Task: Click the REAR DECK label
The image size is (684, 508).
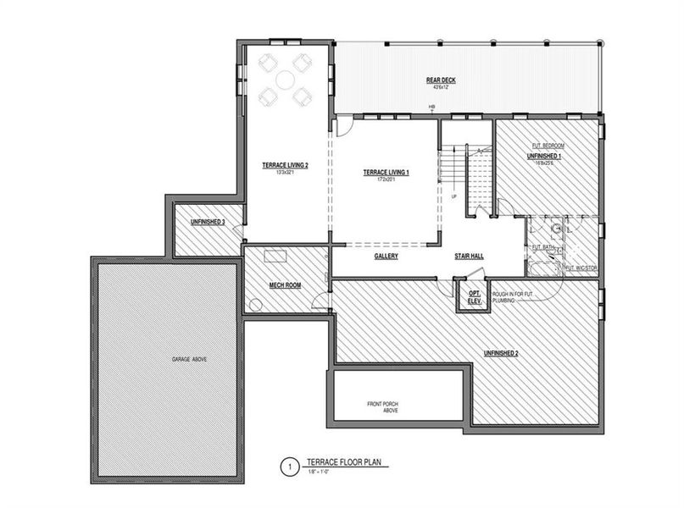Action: click(x=441, y=81)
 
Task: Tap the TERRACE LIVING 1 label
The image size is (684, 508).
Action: click(x=386, y=172)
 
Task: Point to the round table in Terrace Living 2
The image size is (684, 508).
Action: click(x=284, y=79)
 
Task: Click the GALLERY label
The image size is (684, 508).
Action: click(x=386, y=256)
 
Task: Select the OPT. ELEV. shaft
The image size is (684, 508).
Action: click(x=473, y=295)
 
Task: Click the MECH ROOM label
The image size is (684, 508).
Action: click(x=285, y=285)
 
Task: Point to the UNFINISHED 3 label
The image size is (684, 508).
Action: click(x=207, y=222)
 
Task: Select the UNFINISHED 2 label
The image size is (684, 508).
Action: click(x=501, y=352)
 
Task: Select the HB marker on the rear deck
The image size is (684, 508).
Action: click(x=431, y=106)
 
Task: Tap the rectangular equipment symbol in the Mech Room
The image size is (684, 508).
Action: click(x=275, y=257)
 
